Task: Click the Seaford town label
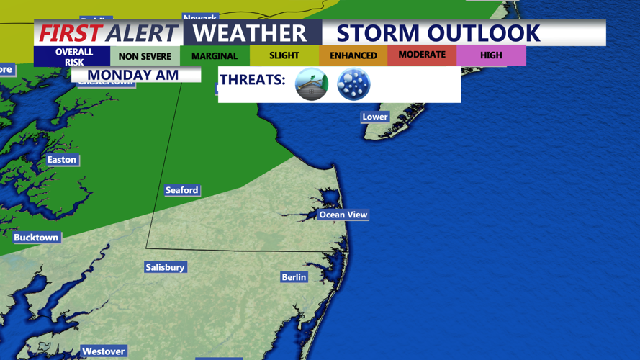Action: coord(181,190)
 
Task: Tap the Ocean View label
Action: coord(343,215)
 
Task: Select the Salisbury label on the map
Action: coord(165,267)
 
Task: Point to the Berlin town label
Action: coord(294,277)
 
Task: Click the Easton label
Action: coord(61,160)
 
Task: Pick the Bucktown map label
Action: coord(36,238)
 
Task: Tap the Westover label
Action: coord(103,351)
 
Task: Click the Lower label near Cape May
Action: coord(374,117)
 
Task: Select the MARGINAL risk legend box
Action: coord(215,55)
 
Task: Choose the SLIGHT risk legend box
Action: coord(284,55)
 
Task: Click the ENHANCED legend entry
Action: coord(353,55)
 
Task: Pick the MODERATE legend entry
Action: coord(422,55)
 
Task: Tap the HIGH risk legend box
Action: coord(491,55)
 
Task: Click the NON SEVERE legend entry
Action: coord(145,56)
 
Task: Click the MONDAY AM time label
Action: coord(133,75)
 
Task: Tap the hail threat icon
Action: coord(353,84)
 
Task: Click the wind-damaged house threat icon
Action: coord(312,84)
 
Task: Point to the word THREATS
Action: coord(253,80)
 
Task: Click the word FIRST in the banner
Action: coord(71,33)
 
